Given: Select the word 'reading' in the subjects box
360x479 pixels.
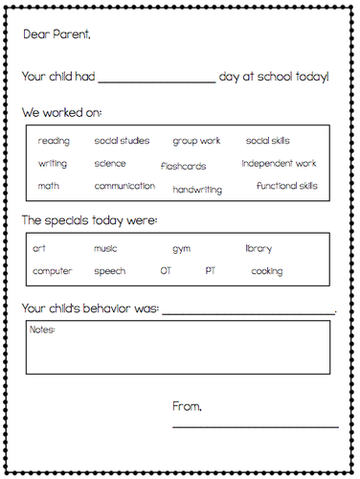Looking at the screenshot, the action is tap(54, 141).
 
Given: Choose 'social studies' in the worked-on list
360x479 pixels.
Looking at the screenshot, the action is tap(122, 141).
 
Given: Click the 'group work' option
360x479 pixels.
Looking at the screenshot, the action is tap(196, 141).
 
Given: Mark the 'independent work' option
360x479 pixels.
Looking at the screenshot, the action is tap(279, 163).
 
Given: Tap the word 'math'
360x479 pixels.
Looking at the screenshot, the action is tap(48, 186).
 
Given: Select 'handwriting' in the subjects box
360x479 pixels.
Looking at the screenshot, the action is tap(197, 190).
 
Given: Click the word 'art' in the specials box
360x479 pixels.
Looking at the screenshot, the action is tap(39, 248).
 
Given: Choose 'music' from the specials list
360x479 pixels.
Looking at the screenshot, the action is tap(105, 248).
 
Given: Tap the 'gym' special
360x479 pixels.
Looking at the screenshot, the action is tap(181, 249).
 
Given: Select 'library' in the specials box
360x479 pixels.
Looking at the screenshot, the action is tap(259, 248).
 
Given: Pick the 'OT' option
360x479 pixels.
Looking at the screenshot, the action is tap(166, 271).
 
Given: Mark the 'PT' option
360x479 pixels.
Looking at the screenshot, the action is tap(211, 271).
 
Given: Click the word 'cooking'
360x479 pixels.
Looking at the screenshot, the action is tap(266, 271).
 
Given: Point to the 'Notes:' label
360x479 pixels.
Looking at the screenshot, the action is tap(43, 331).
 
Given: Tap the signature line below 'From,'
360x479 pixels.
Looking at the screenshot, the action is tap(255, 425).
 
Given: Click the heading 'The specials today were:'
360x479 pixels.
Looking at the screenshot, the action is tap(90, 220).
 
